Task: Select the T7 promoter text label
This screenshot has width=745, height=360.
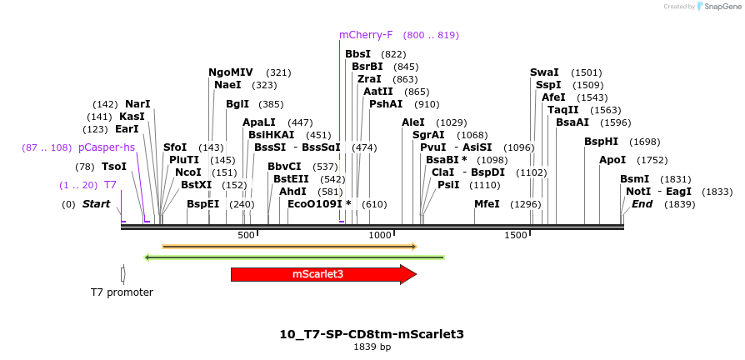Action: coord(122,292)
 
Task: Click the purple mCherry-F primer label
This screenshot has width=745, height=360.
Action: coord(366,35)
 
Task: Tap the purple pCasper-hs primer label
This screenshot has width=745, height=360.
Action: coord(107,147)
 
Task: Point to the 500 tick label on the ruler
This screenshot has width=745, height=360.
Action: coord(246,236)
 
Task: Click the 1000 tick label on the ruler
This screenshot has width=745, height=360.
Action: coord(381,236)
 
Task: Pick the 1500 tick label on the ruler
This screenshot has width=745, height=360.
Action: coord(516,236)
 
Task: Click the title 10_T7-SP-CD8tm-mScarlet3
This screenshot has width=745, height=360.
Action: coord(372,334)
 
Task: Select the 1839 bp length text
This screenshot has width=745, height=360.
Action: coord(372,347)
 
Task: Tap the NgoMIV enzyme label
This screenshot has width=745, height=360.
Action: coord(231,72)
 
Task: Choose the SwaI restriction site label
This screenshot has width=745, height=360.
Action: coord(544,72)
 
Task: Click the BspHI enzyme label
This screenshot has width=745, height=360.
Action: coord(601,142)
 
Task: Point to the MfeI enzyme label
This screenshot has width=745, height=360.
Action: coord(487,204)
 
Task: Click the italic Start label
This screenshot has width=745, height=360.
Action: coord(96,204)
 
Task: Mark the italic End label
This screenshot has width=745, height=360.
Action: coord(642,204)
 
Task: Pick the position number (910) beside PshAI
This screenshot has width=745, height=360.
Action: coord(427,104)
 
